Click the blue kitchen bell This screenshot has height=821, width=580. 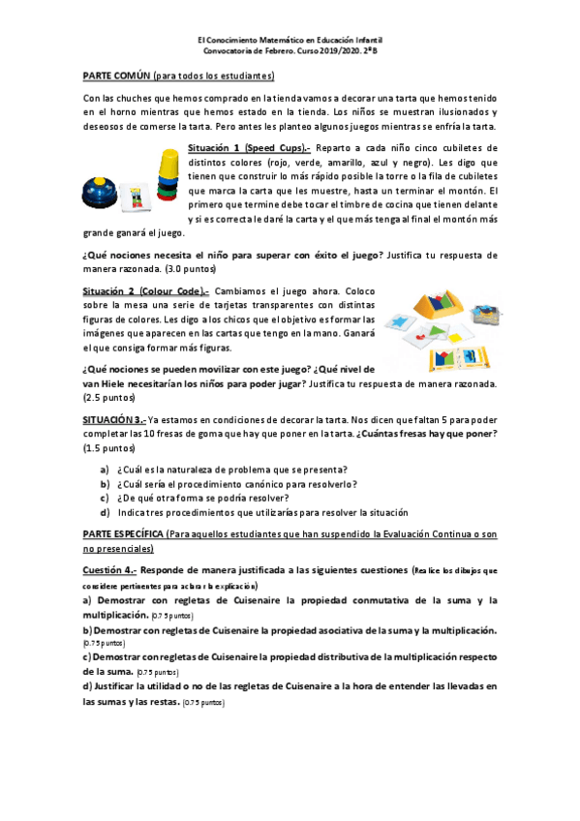tap(98, 189)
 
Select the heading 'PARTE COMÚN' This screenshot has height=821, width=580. tap(118, 76)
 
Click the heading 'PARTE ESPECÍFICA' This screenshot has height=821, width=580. tap(121, 533)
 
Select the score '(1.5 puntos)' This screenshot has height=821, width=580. tap(107, 448)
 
